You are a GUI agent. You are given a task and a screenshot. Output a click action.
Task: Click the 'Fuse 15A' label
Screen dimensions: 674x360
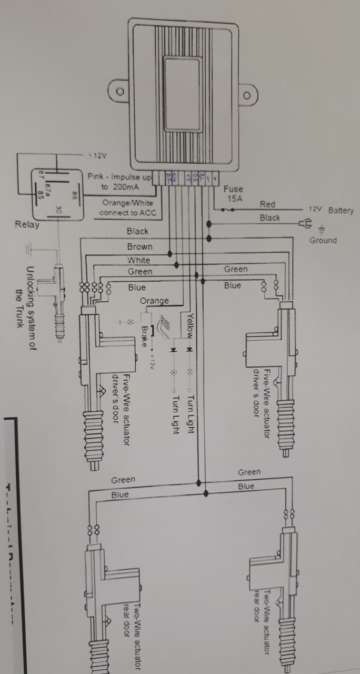click(234, 194)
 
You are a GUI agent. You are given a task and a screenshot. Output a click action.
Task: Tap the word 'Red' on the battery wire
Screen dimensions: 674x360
click(267, 204)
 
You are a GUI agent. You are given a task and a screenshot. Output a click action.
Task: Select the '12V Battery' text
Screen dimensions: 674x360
click(331, 210)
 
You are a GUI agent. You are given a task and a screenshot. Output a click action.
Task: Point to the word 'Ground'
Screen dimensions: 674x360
click(323, 240)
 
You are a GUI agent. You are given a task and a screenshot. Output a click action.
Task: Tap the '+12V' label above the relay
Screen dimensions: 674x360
click(97, 155)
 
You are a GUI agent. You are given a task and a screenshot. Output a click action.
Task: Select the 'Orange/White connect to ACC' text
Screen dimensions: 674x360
click(126, 208)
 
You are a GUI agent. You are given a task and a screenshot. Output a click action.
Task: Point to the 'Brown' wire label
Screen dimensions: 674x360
click(139, 246)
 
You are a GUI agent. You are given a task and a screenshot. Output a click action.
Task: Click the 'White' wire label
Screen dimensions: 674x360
click(138, 260)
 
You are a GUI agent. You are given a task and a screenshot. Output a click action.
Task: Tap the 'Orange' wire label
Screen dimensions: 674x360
click(154, 301)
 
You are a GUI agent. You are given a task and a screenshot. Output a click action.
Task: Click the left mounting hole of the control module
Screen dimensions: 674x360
click(121, 91)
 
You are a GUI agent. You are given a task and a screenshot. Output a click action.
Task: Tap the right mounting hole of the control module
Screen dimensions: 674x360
click(247, 96)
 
